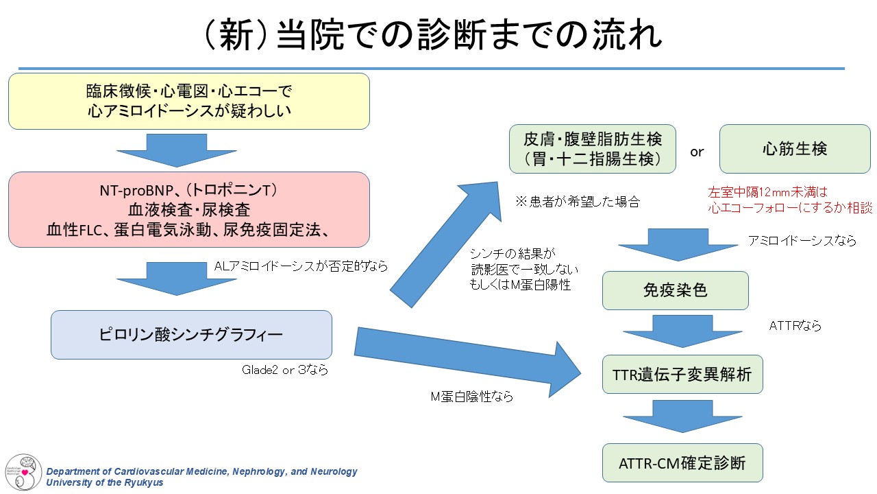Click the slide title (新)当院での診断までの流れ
[433, 35]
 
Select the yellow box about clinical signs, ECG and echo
[189, 101]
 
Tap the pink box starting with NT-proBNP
[189, 209]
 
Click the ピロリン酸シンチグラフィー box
[191, 335]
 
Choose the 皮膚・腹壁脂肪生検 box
[593, 149]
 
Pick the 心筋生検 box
[795, 149]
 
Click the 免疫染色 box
[675, 290]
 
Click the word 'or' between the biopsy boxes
[697, 152]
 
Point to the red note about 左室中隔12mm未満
[790, 201]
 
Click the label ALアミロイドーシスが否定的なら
[301, 266]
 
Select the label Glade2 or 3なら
[285, 370]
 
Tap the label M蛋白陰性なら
[471, 397]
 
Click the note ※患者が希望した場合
[578, 202]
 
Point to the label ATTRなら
[795, 326]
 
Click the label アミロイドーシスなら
[802, 241]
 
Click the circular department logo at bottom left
[23, 471]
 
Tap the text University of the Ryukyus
[105, 482]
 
